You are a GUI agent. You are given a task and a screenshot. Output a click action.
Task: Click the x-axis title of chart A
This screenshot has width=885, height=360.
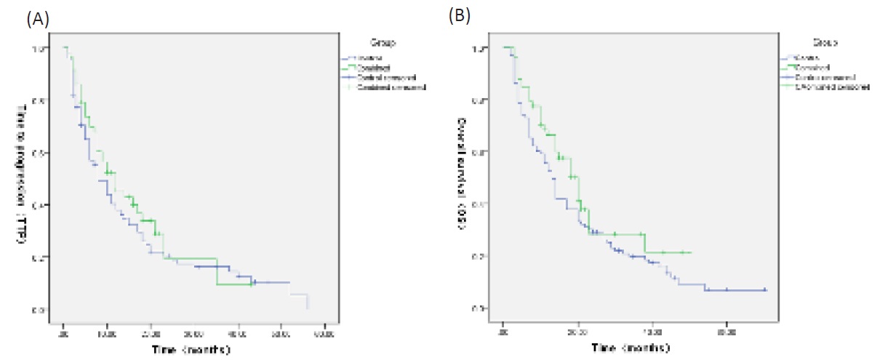click(x=191, y=350)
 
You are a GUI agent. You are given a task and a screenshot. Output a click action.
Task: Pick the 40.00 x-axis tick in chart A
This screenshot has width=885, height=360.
click(x=237, y=335)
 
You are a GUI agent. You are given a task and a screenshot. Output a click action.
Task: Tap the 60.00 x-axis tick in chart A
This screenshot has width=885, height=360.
click(x=324, y=335)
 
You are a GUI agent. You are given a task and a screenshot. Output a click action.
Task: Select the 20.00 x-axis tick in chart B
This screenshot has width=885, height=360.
click(x=578, y=333)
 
